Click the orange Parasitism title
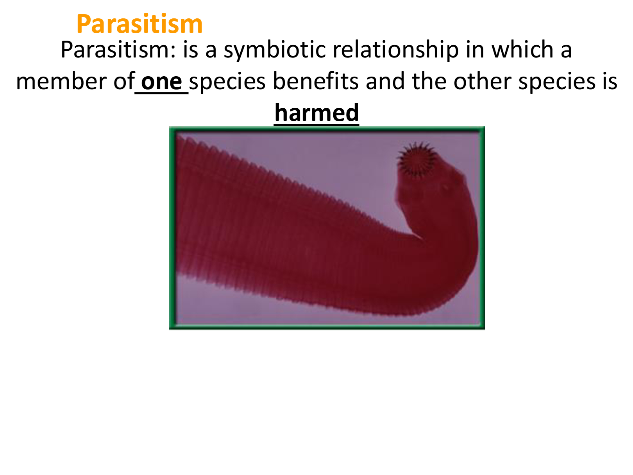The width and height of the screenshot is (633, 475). pyautogui.click(x=139, y=24)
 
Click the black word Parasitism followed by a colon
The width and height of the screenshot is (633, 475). pyautogui.click(x=118, y=50)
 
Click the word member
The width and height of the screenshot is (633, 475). pyautogui.click(x=61, y=81)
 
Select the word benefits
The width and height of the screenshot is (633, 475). pyautogui.click(x=315, y=81)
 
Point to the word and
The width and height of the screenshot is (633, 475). pyautogui.click(x=385, y=81)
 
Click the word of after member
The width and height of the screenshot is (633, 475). pyautogui.click(x=124, y=81)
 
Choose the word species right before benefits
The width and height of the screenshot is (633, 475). pyautogui.click(x=227, y=82)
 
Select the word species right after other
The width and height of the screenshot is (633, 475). pyautogui.click(x=556, y=82)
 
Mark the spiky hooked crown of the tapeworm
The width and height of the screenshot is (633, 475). pyautogui.click(x=417, y=159)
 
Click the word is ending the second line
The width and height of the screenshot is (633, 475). pyautogui.click(x=610, y=81)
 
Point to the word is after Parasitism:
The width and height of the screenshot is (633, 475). pyautogui.click(x=190, y=50)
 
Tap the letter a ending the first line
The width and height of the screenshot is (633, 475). pyautogui.click(x=566, y=52)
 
